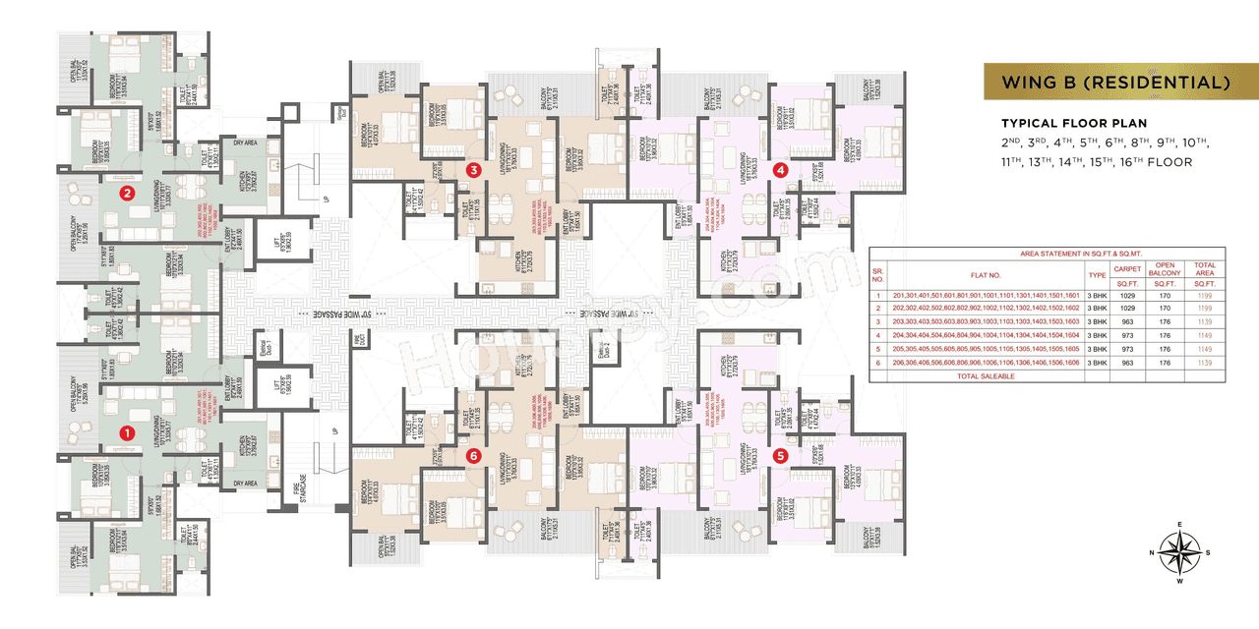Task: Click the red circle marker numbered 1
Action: (126, 431)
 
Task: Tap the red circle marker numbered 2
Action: (126, 194)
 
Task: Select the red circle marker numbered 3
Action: (474, 170)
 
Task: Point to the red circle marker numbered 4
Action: (781, 170)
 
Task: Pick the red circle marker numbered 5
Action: (781, 455)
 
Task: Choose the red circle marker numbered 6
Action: (474, 455)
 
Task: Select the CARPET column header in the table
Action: (1125, 267)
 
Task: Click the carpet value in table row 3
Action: (1125, 322)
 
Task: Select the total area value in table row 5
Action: (1205, 349)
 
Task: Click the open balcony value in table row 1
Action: (1165, 295)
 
